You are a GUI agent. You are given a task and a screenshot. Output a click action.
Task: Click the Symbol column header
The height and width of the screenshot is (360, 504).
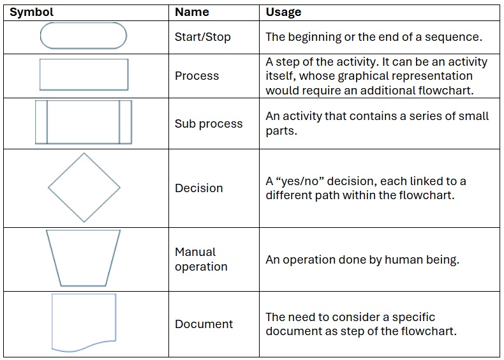point(31,12)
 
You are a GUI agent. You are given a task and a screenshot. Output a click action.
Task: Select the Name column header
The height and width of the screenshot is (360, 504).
point(192,12)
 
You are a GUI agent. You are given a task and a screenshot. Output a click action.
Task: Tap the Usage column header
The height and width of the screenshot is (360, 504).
point(283,12)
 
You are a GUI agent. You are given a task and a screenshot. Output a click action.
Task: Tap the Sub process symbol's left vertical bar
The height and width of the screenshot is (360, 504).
point(47,122)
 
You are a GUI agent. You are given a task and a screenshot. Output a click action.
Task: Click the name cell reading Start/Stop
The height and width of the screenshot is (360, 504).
point(202,37)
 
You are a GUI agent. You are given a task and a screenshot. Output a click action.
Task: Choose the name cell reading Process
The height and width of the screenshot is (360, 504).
point(196,76)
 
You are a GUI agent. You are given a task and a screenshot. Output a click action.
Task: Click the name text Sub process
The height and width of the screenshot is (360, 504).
point(209,124)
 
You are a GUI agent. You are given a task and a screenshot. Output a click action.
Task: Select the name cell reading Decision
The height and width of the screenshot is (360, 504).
point(198,188)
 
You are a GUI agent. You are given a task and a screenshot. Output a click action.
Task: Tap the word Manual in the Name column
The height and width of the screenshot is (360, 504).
point(195,252)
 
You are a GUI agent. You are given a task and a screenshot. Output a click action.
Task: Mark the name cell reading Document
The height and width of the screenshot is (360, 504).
point(204,324)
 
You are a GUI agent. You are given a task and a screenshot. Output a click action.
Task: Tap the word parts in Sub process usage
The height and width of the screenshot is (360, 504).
point(280,131)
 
